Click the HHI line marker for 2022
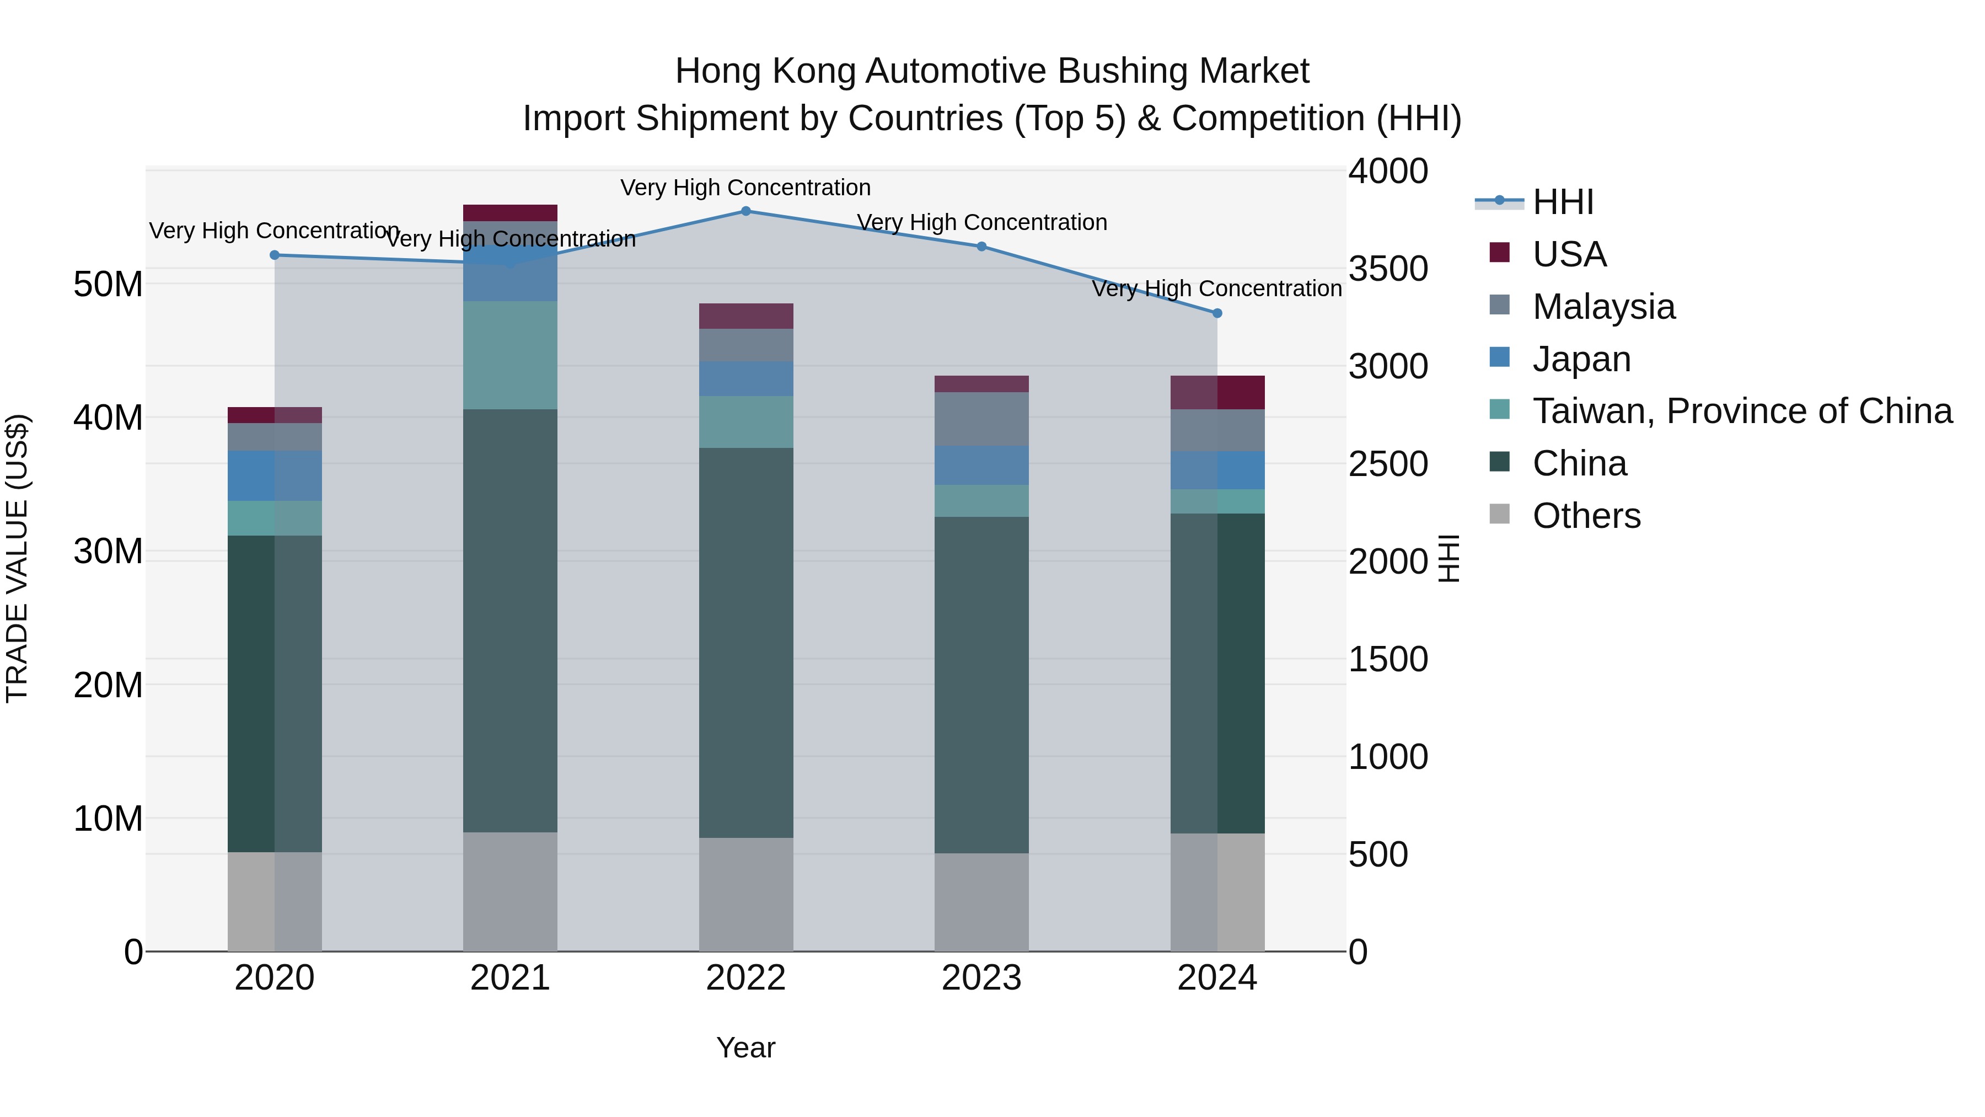pos(745,211)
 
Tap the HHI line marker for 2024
pos(1217,313)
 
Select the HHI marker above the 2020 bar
pos(275,255)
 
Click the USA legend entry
pos(1569,254)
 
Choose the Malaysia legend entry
pos(1603,307)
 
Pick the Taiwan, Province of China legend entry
pos(1741,411)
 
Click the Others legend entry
pos(1586,516)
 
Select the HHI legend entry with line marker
pos(1562,202)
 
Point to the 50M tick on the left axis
pos(108,285)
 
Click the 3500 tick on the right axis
pos(1388,269)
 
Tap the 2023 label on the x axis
pos(981,978)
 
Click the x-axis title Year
pos(745,1047)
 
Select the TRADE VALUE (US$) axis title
pos(17,558)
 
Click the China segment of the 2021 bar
pos(509,620)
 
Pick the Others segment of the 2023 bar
pos(981,901)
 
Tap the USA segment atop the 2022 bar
pos(745,316)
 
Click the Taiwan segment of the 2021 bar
pos(509,355)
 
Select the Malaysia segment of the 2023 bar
pos(981,419)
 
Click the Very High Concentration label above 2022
pos(745,188)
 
